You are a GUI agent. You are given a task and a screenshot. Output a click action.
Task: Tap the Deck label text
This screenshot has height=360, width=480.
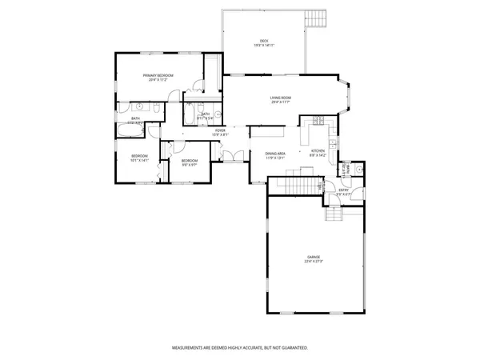click(263, 44)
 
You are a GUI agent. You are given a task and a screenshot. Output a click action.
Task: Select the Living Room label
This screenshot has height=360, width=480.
click(281, 99)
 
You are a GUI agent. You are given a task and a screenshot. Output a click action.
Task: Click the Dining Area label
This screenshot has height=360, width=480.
click(276, 155)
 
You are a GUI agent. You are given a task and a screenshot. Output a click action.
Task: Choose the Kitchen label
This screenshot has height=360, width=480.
click(318, 152)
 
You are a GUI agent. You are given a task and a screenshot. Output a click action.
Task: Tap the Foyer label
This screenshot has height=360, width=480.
click(220, 132)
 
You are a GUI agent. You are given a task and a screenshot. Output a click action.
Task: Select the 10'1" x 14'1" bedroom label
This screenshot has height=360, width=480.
click(141, 158)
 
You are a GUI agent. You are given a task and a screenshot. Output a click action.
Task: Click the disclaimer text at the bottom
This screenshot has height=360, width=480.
click(240, 348)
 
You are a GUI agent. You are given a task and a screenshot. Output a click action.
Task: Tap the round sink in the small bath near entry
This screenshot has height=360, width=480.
click(358, 170)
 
